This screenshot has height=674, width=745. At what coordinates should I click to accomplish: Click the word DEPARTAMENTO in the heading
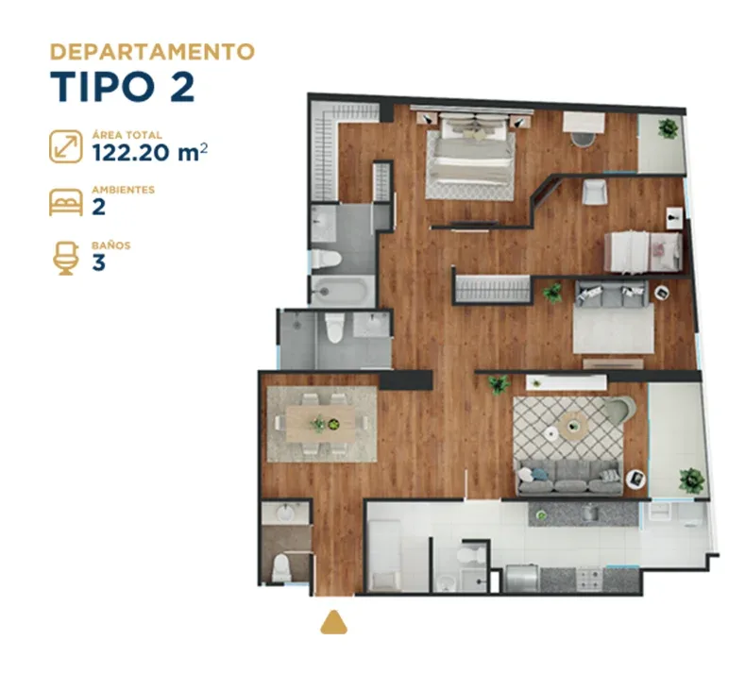pyautogui.click(x=153, y=52)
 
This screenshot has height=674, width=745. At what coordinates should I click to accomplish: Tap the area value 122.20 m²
pyautogui.click(x=150, y=153)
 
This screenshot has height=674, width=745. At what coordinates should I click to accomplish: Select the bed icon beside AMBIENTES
pyautogui.click(x=65, y=202)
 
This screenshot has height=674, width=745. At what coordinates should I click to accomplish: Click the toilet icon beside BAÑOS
pyautogui.click(x=65, y=258)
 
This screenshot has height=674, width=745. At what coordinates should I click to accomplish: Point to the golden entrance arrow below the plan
pyautogui.click(x=333, y=623)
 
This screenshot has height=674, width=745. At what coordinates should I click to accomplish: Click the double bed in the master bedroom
pyautogui.click(x=470, y=156)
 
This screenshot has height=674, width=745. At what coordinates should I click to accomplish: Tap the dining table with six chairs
pyautogui.click(x=321, y=424)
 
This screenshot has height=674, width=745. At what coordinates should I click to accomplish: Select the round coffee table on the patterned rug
pyautogui.click(x=573, y=424)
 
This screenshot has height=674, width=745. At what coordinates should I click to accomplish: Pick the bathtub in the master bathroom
pyautogui.click(x=341, y=290)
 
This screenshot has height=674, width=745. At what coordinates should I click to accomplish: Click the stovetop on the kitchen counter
pyautogui.click(x=589, y=580)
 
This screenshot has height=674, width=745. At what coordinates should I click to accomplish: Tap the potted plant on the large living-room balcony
pyautogui.click(x=692, y=480)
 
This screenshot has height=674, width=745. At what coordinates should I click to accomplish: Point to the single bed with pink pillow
pyautogui.click(x=643, y=252)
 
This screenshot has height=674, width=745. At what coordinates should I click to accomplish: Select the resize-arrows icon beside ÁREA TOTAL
pyautogui.click(x=65, y=146)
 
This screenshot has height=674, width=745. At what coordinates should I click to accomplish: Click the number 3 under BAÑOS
pyautogui.click(x=98, y=262)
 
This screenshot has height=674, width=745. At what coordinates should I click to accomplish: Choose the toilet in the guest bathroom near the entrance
pyautogui.click(x=281, y=567)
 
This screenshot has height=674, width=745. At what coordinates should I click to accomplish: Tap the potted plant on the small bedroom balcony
pyautogui.click(x=668, y=128)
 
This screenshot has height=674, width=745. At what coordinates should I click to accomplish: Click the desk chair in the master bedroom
pyautogui.click(x=583, y=140)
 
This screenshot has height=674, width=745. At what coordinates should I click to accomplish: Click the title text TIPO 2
pyautogui.click(x=123, y=87)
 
